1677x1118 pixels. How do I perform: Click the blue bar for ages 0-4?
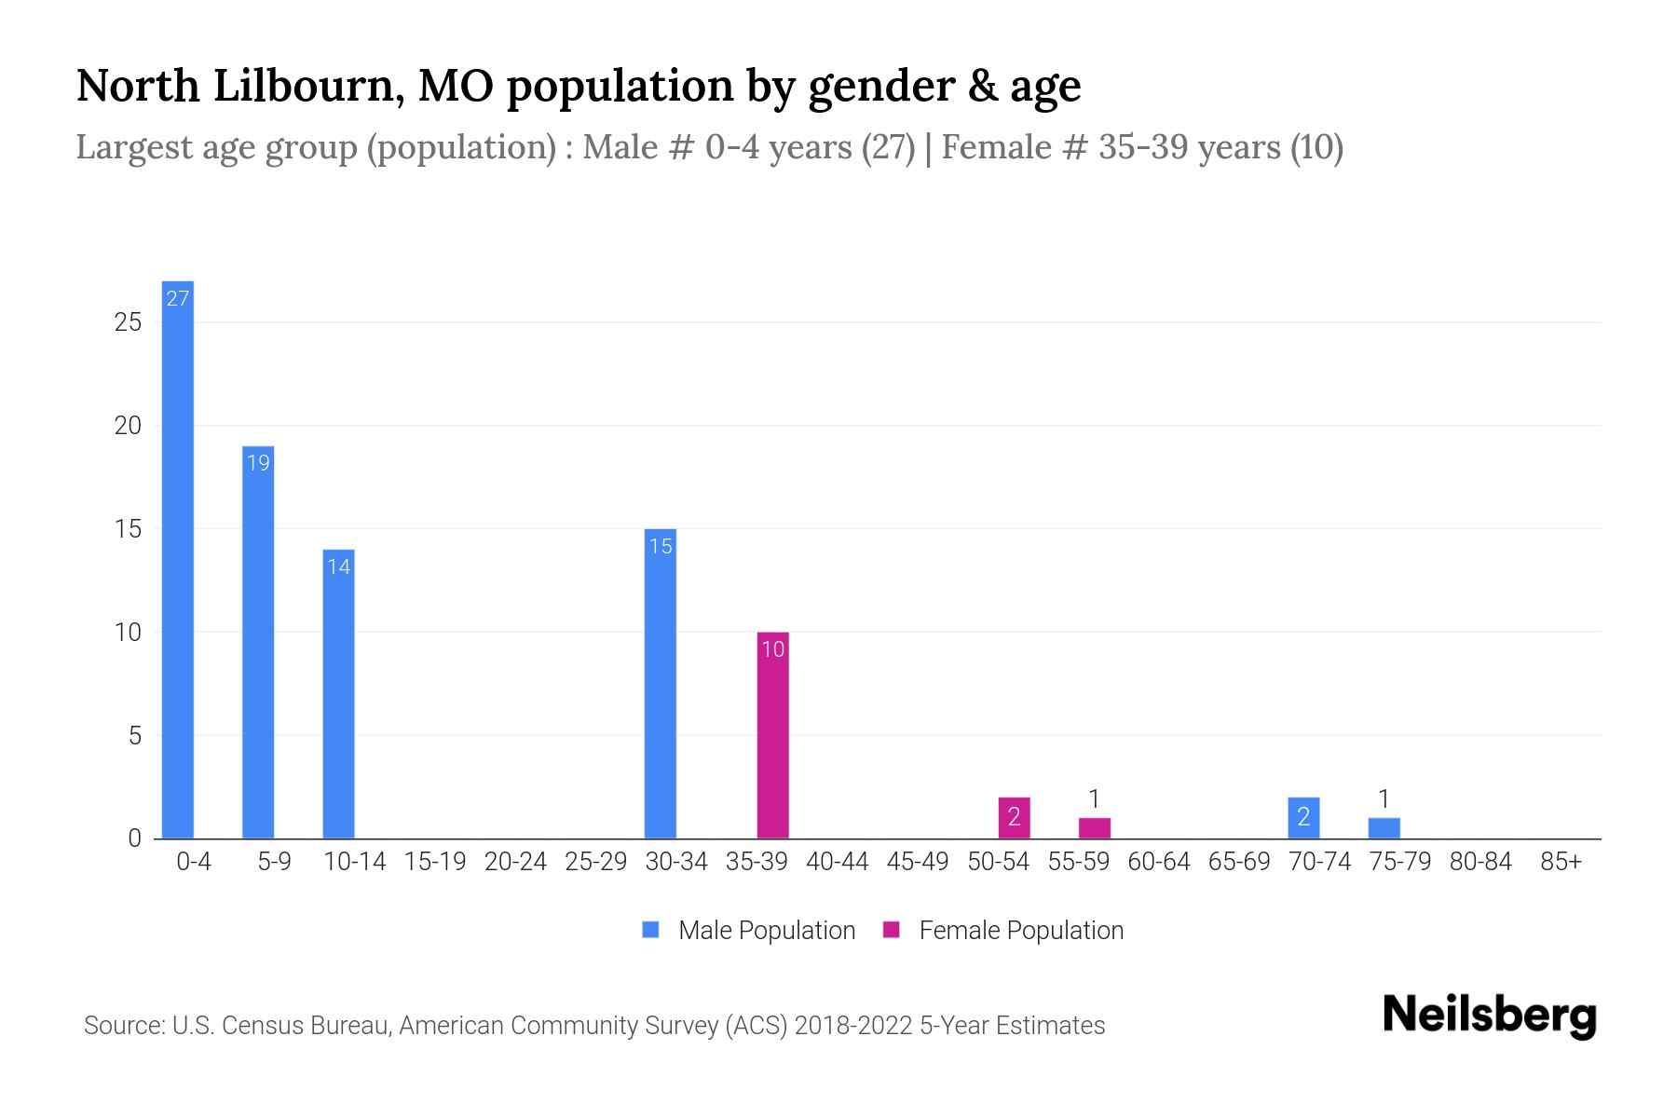tap(178, 559)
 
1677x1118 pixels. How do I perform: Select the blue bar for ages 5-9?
tap(258, 643)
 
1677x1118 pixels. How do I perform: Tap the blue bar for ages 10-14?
tap(338, 694)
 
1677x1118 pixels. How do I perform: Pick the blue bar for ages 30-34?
tap(661, 685)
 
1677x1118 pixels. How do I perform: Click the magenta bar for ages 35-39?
tap(772, 736)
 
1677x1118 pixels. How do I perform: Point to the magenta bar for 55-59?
tap(1095, 828)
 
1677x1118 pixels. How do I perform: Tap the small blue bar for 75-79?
tap(1384, 828)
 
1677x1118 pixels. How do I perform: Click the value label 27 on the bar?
tap(178, 299)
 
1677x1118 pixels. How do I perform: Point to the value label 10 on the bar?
tap(772, 650)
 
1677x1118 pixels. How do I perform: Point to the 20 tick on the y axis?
tap(128, 426)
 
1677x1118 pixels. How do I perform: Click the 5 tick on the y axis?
tap(135, 736)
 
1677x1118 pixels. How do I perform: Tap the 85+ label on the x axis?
tap(1561, 862)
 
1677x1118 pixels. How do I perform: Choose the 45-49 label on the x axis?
tap(917, 862)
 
